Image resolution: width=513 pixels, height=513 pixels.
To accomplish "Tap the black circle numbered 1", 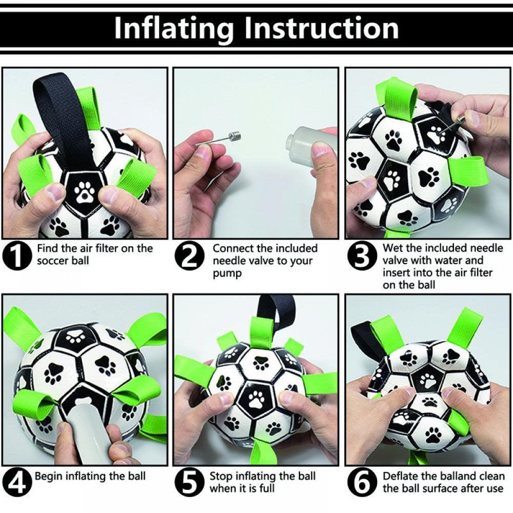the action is [x=16, y=257].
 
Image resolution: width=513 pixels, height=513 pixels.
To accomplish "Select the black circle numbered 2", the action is [x=189, y=257].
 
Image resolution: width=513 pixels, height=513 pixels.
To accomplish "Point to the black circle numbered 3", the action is [x=361, y=257].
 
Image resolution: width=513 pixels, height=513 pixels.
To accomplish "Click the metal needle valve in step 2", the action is [x=218, y=138].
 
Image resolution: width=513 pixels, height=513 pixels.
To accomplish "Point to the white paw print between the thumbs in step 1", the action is [x=85, y=192].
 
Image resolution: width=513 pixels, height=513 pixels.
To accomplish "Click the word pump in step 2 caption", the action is [x=227, y=273].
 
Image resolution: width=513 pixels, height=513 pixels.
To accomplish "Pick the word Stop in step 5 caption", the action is [x=221, y=477].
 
